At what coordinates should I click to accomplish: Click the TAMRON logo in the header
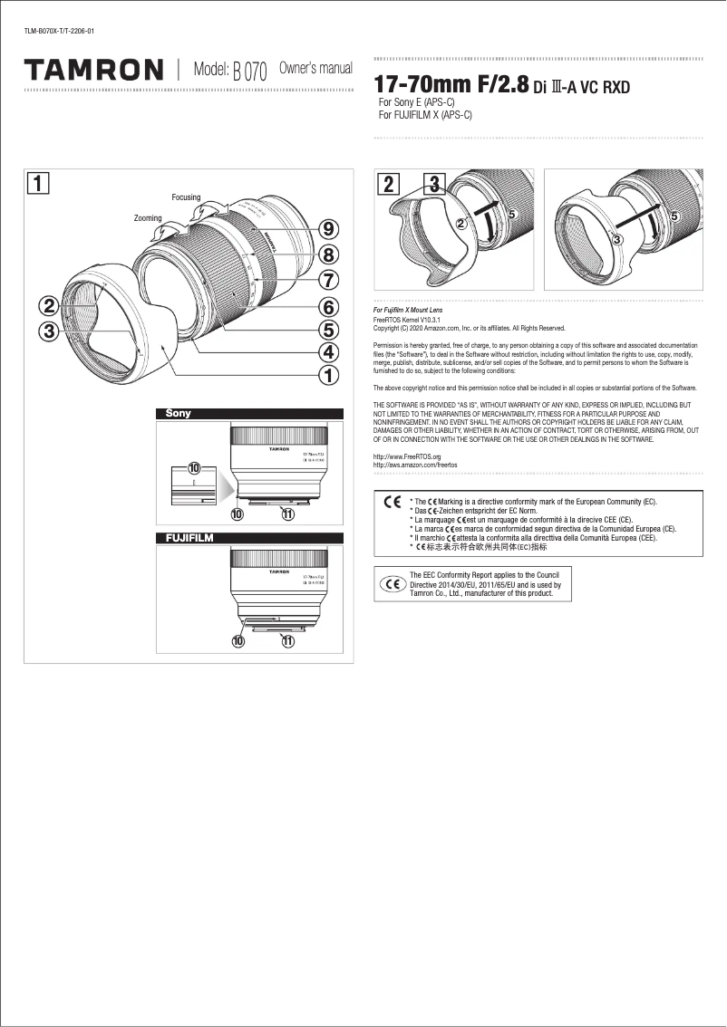93,70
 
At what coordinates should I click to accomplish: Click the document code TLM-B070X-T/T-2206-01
59,32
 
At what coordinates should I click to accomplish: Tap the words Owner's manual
315,69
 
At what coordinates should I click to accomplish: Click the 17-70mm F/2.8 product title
451,85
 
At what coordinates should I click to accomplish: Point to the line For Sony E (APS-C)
416,103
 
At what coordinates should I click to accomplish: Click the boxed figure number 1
37,183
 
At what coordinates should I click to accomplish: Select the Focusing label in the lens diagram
186,197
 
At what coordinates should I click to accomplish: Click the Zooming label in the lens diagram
148,218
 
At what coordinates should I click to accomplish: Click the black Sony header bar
250,414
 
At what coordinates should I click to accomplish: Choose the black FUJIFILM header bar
250,538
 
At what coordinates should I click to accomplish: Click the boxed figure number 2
388,184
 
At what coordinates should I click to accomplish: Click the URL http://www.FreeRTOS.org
407,457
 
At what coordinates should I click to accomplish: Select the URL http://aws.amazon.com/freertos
416,465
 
